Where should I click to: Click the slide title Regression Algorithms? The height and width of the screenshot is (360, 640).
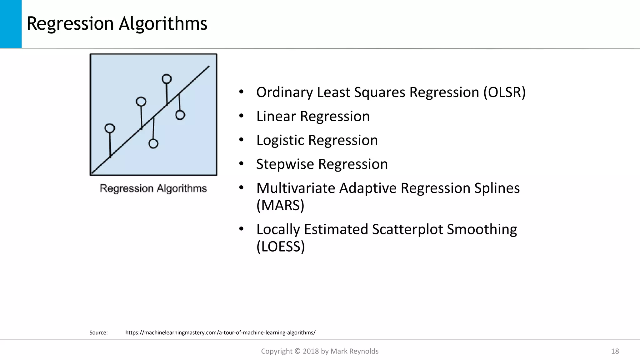pyautogui.click(x=117, y=24)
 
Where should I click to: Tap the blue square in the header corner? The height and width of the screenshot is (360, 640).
pyautogui.click(x=11, y=24)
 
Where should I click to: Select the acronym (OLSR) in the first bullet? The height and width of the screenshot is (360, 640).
pyautogui.click(x=504, y=92)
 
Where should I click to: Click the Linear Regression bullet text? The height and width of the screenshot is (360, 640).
pyautogui.click(x=313, y=117)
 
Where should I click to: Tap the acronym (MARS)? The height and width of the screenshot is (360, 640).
pyautogui.click(x=280, y=205)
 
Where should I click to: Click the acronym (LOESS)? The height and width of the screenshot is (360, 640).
pyautogui.click(x=280, y=247)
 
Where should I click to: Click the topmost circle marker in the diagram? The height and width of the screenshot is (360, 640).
pyautogui.click(x=167, y=79)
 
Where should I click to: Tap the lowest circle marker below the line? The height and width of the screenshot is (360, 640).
pyautogui.click(x=153, y=144)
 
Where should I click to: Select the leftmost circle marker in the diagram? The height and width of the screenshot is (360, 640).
pyautogui.click(x=110, y=128)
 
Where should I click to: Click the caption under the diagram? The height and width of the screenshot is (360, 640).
pyautogui.click(x=153, y=188)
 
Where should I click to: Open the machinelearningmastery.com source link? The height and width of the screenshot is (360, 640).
pyautogui.click(x=220, y=332)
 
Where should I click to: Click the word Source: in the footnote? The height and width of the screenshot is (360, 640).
pyautogui.click(x=98, y=332)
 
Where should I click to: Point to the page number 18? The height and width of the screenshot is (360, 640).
pyautogui.click(x=615, y=351)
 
